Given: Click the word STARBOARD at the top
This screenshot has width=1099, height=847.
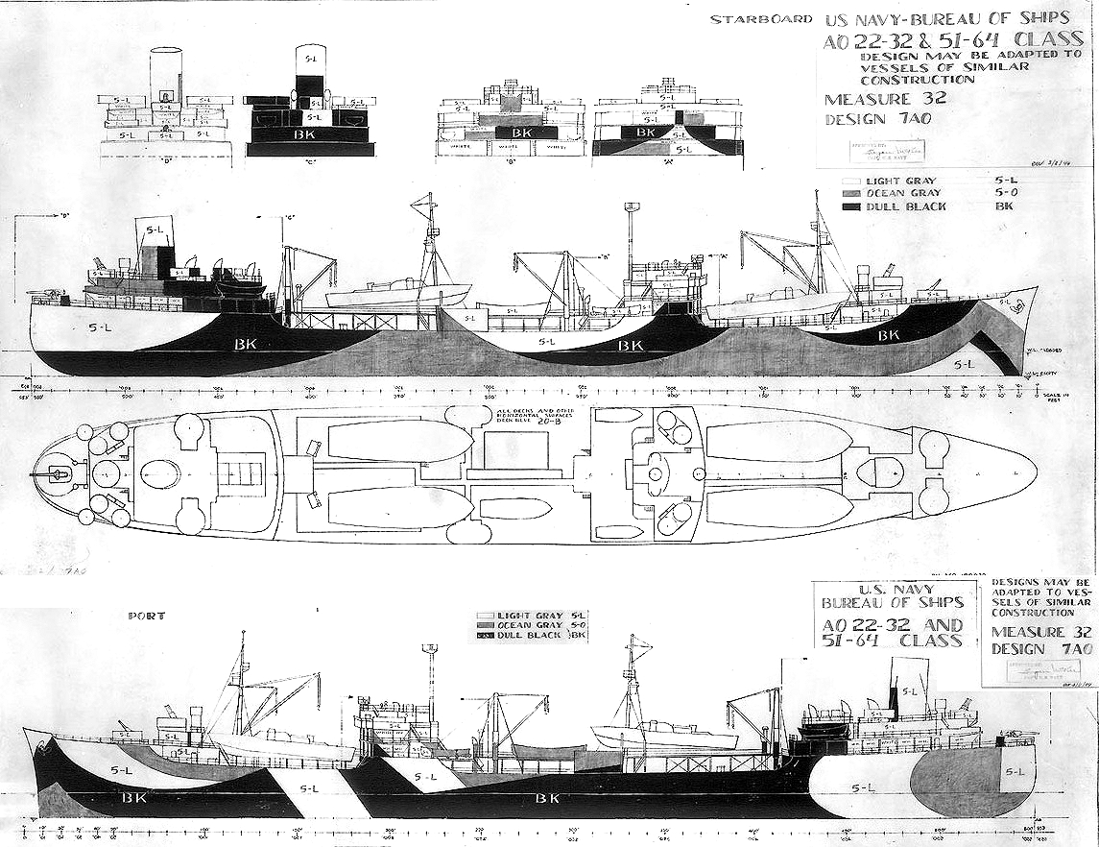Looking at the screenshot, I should pyautogui.click(x=758, y=18).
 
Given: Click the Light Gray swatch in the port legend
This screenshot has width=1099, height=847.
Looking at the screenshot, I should pyautogui.click(x=486, y=615).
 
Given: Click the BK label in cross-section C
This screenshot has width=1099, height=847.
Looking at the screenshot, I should pyautogui.click(x=307, y=135).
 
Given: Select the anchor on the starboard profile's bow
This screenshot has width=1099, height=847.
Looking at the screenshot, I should pyautogui.click(x=1016, y=306).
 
